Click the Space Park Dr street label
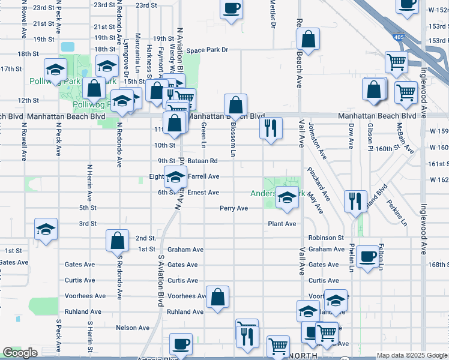(x=207, y=50)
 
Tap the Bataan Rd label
(x=205, y=161)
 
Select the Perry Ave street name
(x=234, y=208)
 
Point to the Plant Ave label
(x=282, y=224)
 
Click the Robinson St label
(x=326, y=238)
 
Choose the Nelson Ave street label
(x=133, y=328)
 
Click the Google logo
(x=20, y=353)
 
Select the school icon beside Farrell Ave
(x=175, y=178)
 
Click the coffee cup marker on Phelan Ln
(x=367, y=257)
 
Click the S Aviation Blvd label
(x=161, y=281)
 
